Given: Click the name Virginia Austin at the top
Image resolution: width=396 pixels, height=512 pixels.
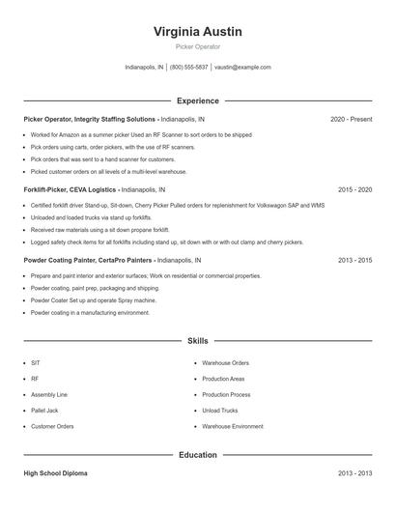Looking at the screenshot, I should tap(198, 31).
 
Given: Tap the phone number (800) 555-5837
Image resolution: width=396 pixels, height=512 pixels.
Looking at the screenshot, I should tap(189, 68).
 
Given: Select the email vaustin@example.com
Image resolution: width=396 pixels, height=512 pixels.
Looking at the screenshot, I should tap(242, 68).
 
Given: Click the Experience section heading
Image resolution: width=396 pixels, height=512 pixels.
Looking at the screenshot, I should tap(198, 100).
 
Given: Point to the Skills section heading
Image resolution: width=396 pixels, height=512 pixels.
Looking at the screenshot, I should tap(198, 341).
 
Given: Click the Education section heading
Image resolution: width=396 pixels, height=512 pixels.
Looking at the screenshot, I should tap(198, 454).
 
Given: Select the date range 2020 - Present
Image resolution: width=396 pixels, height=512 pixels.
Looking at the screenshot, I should tap(351, 119).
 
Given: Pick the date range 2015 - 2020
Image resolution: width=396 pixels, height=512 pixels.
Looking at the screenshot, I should tap(354, 190).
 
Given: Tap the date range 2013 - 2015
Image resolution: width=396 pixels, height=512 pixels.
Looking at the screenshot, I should tap(354, 261).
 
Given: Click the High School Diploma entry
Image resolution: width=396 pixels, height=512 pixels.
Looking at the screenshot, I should tap(60, 473).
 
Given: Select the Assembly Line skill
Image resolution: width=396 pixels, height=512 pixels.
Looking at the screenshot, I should tap(49, 394).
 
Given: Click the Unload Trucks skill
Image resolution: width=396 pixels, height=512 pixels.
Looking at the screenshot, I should tap(221, 410).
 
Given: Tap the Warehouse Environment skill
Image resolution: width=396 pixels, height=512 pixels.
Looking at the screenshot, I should tap(233, 426).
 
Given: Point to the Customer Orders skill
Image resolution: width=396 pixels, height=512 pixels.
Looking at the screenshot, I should tap(52, 426).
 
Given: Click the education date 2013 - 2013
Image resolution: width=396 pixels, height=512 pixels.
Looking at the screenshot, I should tap(354, 473).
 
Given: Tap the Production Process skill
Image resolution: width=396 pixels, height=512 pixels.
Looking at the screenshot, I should tap(227, 394).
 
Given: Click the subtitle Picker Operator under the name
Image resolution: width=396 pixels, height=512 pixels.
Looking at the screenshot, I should tap(198, 46).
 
